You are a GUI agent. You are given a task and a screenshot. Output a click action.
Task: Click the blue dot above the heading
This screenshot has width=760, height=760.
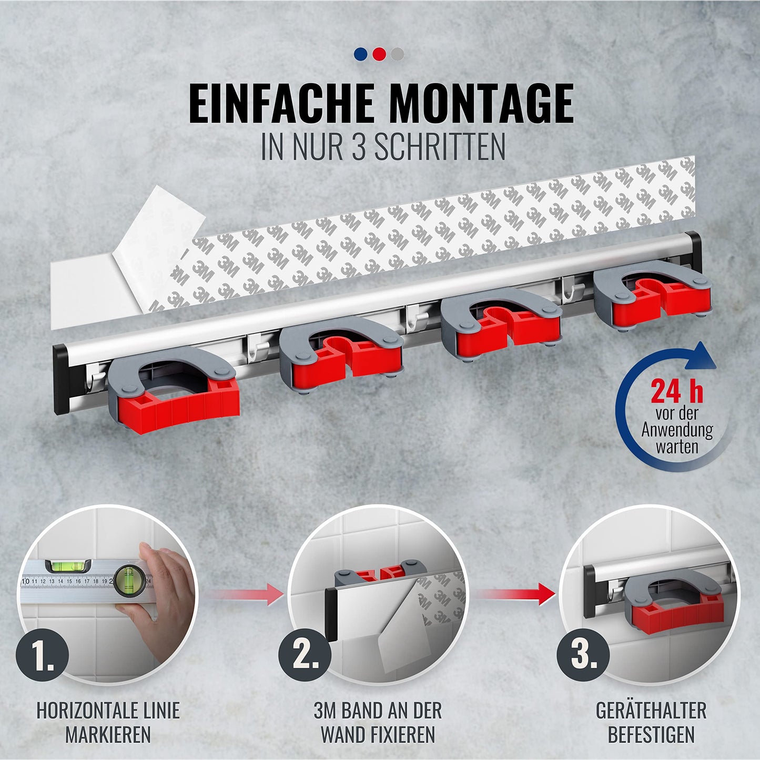point(360,54)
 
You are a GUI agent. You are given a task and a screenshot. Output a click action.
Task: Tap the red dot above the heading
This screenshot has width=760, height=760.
point(379,54)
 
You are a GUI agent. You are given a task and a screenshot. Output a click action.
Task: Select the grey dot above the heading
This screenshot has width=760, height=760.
point(397,54)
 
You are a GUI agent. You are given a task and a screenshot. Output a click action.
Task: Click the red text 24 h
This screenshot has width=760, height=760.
point(677,391)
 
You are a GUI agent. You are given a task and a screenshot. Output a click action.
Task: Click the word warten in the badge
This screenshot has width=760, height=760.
point(677,447)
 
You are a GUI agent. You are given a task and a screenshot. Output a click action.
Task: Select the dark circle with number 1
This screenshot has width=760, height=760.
point(42,656)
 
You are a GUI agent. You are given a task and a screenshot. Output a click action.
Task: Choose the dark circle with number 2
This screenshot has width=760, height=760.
point(305,656)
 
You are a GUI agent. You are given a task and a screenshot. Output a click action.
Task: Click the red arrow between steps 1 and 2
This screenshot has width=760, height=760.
point(245,594)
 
